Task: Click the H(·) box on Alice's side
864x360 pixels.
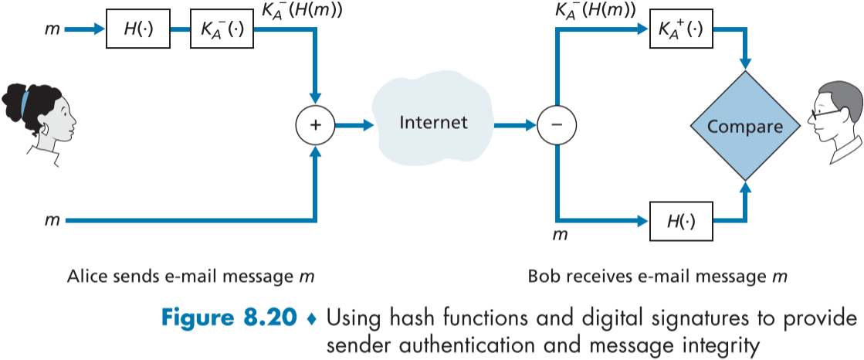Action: tap(137, 30)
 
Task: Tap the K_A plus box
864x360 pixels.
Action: tap(680, 31)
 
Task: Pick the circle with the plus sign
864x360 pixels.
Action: tap(315, 124)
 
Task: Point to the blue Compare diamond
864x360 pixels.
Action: tap(745, 125)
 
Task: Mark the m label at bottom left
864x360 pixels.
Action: tap(52, 220)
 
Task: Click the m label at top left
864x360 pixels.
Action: tap(52, 31)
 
